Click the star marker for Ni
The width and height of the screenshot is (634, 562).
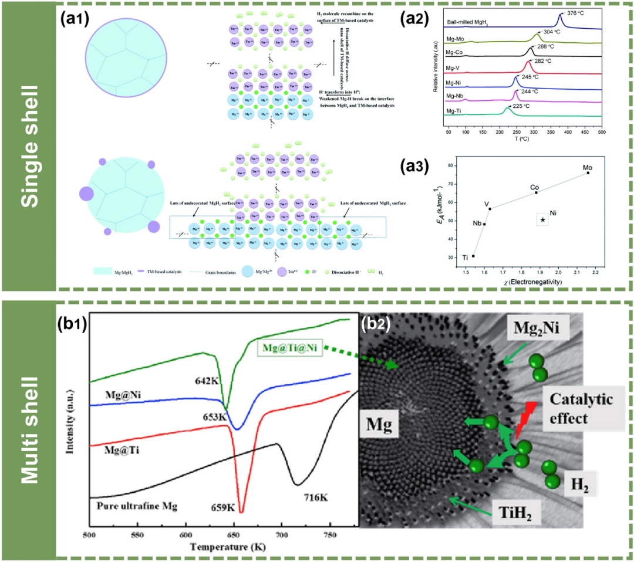543,220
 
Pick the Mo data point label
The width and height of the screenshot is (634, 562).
588,167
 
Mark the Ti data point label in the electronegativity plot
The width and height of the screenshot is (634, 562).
465,258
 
